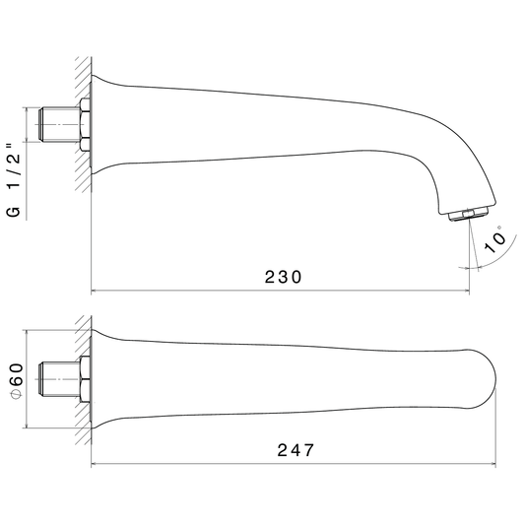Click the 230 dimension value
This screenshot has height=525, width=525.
(283, 277)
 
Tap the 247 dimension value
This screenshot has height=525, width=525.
(295, 450)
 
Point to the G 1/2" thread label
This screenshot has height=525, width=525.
(14, 180)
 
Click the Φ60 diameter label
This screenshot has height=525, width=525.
(17, 380)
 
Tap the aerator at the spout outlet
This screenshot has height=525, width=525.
(468, 214)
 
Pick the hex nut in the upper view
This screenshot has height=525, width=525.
(85, 124)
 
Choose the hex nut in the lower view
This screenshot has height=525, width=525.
(85, 379)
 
